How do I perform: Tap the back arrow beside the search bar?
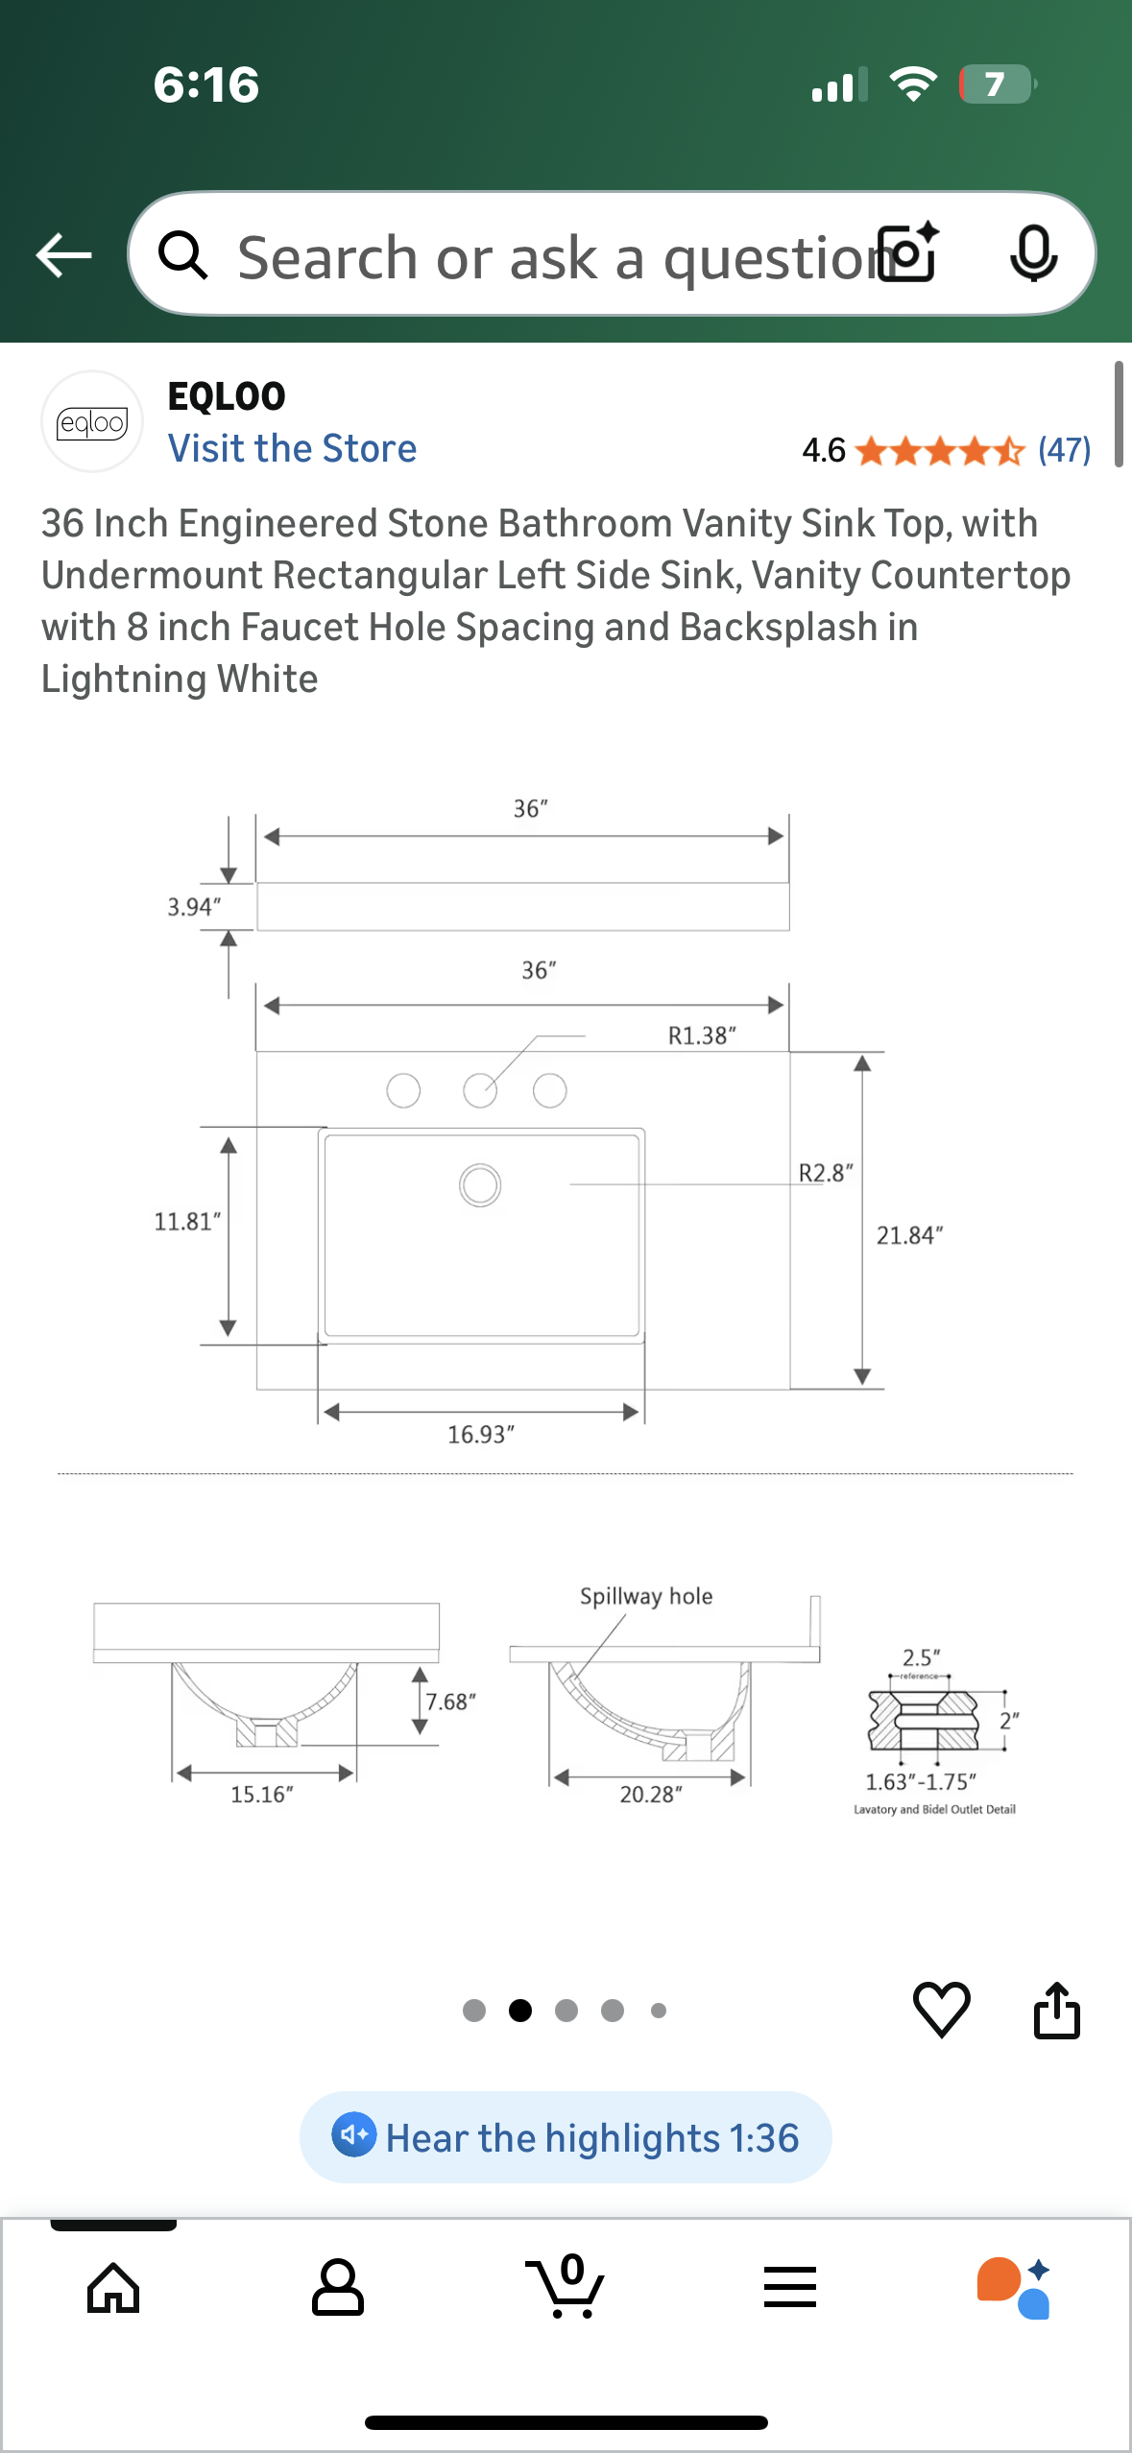click(63, 255)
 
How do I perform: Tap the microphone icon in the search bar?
click(1033, 254)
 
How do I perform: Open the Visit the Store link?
click(292, 448)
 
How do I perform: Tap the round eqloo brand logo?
click(92, 422)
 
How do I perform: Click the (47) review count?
click(1064, 449)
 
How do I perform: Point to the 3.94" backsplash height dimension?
click(194, 907)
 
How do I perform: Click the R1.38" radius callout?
click(702, 1036)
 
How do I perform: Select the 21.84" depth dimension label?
click(909, 1235)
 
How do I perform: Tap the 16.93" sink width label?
click(481, 1435)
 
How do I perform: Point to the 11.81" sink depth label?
click(187, 1222)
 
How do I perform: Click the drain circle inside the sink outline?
click(480, 1185)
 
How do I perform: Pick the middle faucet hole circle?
click(480, 1091)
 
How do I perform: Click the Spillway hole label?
click(646, 1596)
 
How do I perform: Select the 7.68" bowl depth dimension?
click(450, 1702)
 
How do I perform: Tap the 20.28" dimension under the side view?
click(651, 1795)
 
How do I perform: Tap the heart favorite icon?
click(941, 2009)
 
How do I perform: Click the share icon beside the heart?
click(1056, 2010)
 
